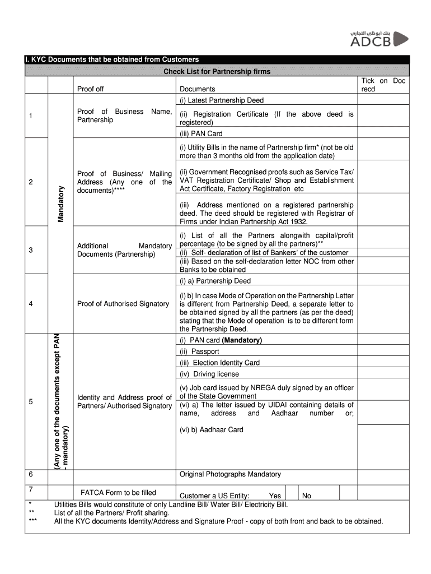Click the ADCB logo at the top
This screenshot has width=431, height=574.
378,39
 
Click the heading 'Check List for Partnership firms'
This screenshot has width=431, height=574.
217,71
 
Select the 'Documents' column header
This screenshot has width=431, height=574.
197,89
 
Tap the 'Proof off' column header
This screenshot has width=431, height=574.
90,89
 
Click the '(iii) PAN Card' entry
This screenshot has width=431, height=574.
201,134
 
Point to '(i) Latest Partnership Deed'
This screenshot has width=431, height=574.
222,100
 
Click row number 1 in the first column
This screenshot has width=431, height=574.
31,116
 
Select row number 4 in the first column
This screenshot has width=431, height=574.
31,304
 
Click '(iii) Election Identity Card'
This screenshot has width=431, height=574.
219,363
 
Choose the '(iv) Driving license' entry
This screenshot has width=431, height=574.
209,374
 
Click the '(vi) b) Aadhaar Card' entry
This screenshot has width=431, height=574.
212,430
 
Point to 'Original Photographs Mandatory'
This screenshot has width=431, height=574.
230,474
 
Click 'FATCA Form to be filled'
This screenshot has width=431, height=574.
118,493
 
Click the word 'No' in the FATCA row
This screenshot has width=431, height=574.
307,496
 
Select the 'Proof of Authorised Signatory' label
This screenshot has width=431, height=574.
123,304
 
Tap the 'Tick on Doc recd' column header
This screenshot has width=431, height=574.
383,85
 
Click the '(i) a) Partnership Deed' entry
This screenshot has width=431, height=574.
215,281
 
